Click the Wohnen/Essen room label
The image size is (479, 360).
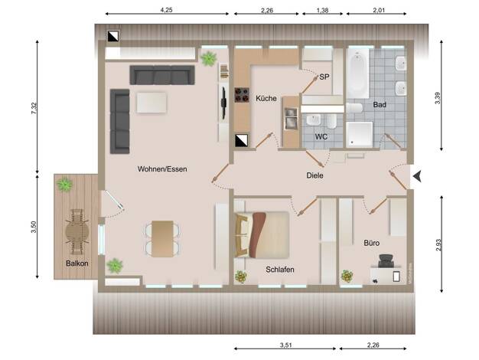pyautogui.click(x=162, y=169)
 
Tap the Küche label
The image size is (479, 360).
pyautogui.click(x=266, y=98)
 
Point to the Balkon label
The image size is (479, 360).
pyautogui.click(x=77, y=263)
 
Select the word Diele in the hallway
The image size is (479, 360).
pyautogui.click(x=314, y=175)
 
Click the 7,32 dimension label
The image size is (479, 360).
pyautogui.click(x=34, y=108)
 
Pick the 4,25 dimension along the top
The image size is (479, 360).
pyautogui.click(x=167, y=10)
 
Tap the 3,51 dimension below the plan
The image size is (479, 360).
pyautogui.click(x=286, y=345)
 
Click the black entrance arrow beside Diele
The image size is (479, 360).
pyautogui.click(x=417, y=176)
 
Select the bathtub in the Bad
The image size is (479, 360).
pyautogui.click(x=357, y=73)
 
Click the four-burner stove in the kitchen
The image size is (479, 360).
pyautogui.click(x=242, y=95)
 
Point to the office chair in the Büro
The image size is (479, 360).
pyautogui.click(x=386, y=260)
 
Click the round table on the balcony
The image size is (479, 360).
pyautogui.click(x=78, y=231)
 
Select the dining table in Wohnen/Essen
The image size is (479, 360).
pyautogui.click(x=162, y=238)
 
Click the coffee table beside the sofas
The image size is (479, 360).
pyautogui.click(x=152, y=103)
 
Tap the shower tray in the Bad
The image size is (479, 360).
pyautogui.click(x=360, y=134)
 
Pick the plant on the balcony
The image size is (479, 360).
pyautogui.click(x=64, y=185)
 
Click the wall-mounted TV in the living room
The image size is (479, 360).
pyautogui.click(x=224, y=103)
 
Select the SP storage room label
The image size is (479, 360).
pyautogui.click(x=324, y=77)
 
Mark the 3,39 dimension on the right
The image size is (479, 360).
pyautogui.click(x=438, y=98)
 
